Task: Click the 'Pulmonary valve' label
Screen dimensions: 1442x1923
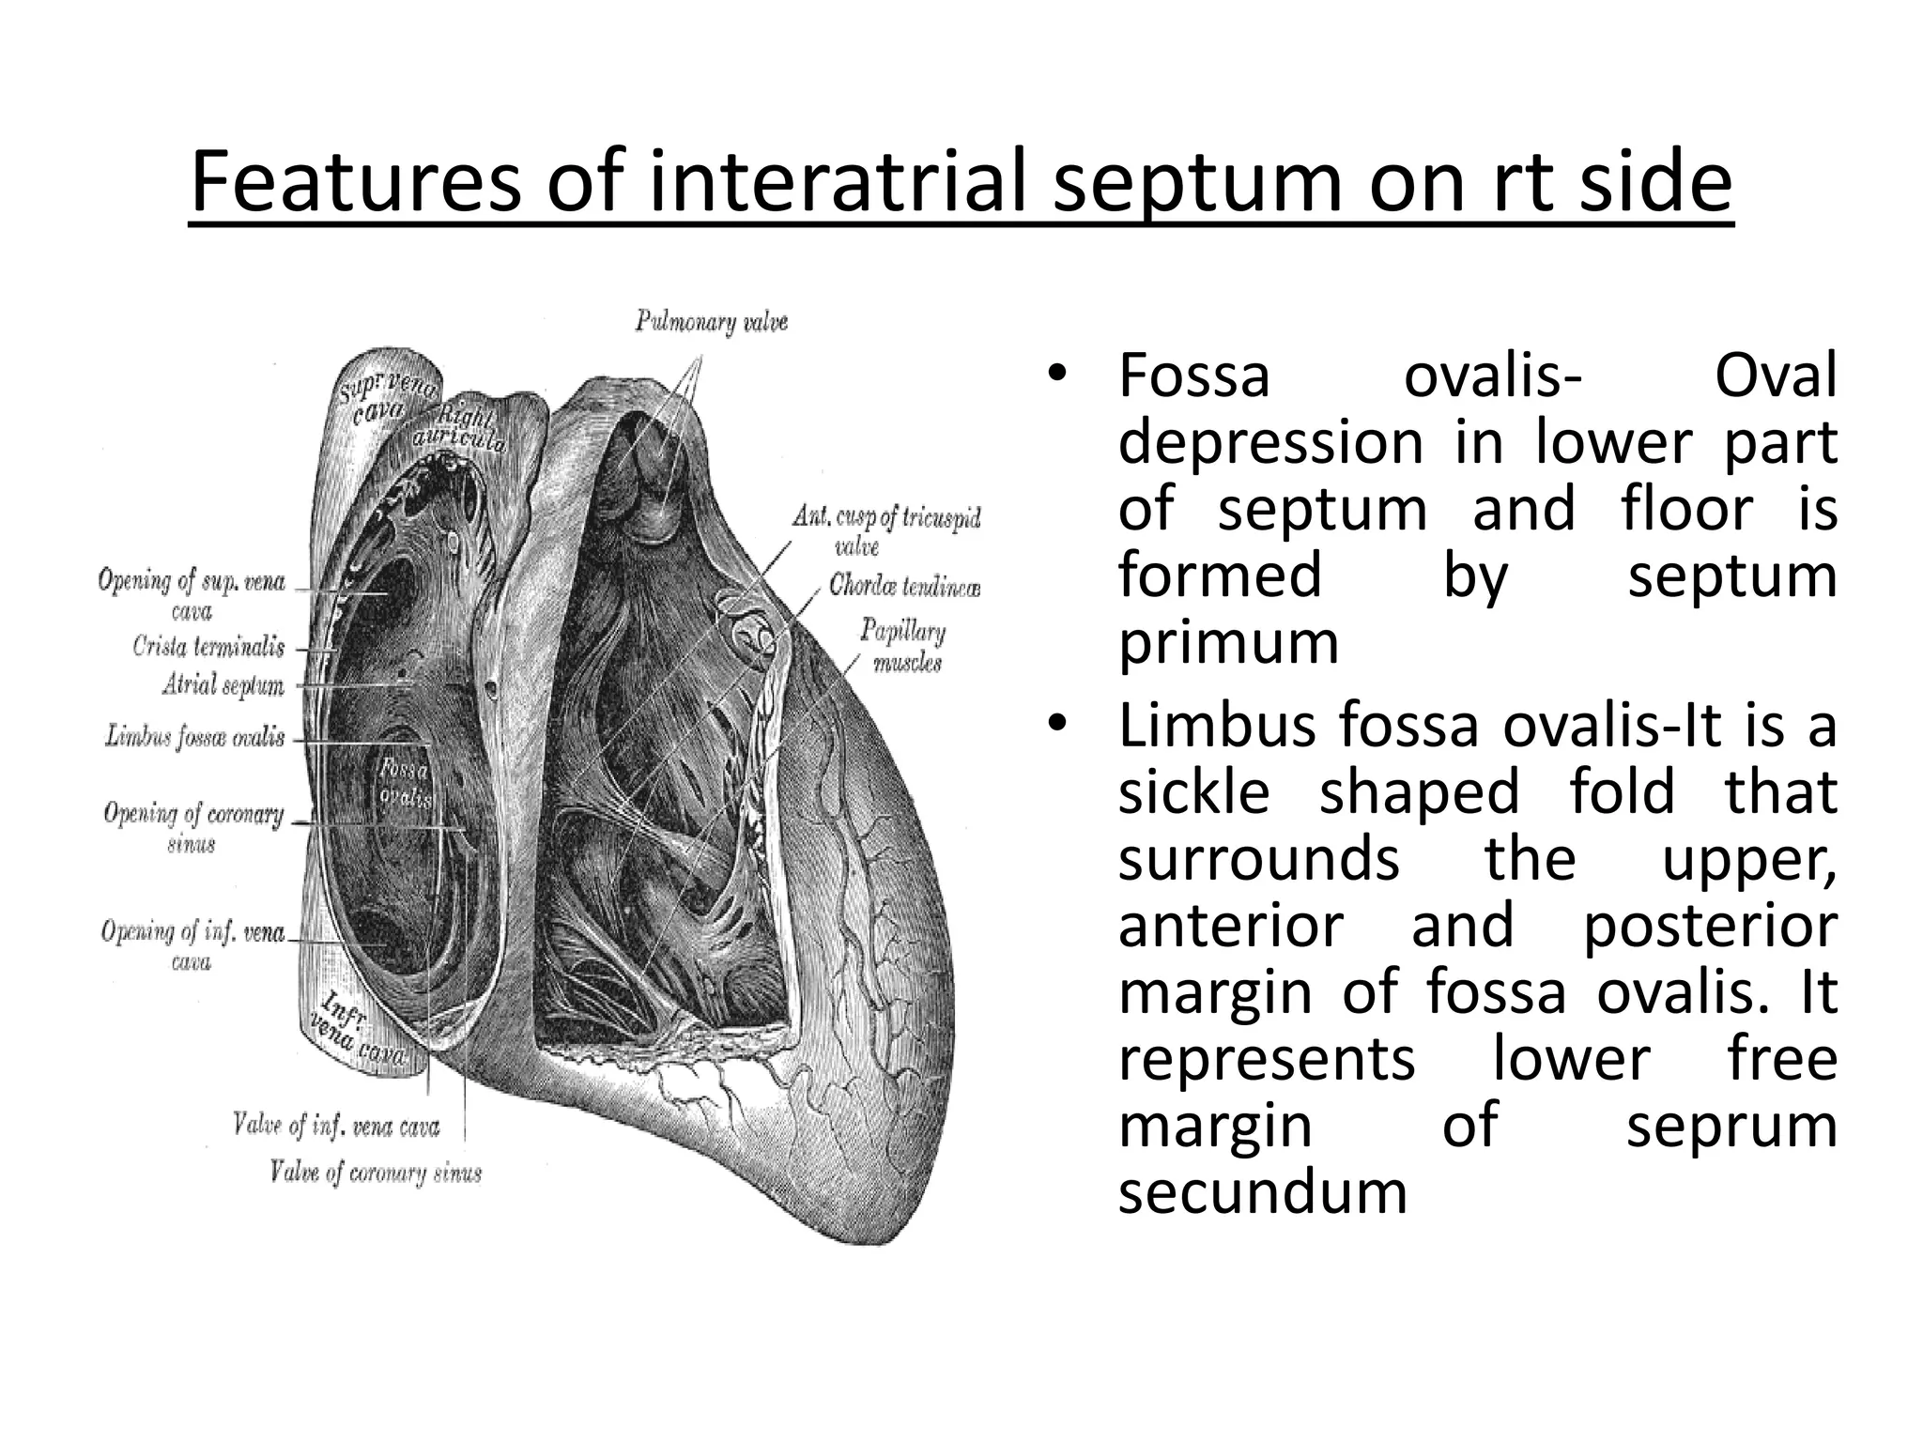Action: pyautogui.click(x=711, y=322)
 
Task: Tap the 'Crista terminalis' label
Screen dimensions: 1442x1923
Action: pyautogui.click(x=208, y=647)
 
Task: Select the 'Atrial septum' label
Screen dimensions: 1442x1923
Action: pyautogui.click(x=223, y=686)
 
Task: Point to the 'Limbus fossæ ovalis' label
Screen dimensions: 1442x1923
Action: pyautogui.click(x=194, y=736)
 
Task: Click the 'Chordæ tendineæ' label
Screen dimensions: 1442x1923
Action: pyautogui.click(x=904, y=588)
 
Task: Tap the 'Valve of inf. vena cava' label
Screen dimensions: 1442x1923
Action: pyautogui.click(x=336, y=1125)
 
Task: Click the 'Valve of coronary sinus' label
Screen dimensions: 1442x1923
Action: pyautogui.click(x=375, y=1173)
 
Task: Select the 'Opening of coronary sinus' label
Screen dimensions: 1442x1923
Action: pyautogui.click(x=192, y=826)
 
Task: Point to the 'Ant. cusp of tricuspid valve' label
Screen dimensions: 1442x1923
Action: pyautogui.click(x=885, y=529)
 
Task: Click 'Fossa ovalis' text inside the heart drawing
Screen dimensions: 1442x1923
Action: pyautogui.click(x=405, y=784)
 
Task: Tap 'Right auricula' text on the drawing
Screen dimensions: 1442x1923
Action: pyautogui.click(x=460, y=427)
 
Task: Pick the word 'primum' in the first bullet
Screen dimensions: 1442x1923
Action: pyautogui.click(x=1228, y=644)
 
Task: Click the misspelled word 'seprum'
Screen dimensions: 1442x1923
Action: pyautogui.click(x=1731, y=1126)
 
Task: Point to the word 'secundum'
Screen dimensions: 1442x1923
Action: pyautogui.click(x=1262, y=1193)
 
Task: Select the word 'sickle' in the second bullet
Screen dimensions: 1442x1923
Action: pyautogui.click(x=1193, y=791)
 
